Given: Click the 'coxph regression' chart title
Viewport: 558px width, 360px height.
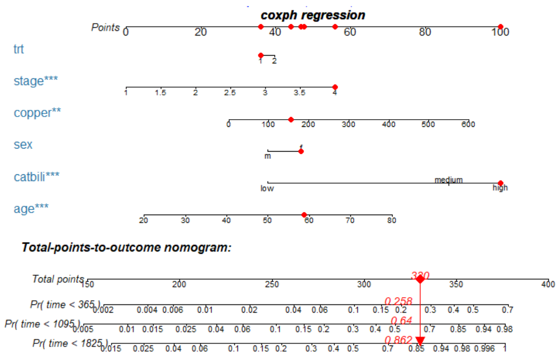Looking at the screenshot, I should [313, 15].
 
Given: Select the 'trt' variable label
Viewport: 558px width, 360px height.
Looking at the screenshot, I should [19, 50].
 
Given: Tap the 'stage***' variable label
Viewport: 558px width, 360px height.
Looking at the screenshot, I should [36, 81].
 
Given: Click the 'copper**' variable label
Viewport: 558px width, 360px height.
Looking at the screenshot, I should [37, 112].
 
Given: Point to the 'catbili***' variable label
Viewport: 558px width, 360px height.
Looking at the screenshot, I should [36, 177].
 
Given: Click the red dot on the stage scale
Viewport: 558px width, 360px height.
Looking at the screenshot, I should [335, 87].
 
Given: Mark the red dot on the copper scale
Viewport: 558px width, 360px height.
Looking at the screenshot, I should [291, 120].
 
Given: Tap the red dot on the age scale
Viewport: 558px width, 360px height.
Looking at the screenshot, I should [304, 215].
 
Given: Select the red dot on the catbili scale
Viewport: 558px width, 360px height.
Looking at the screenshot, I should [500, 183].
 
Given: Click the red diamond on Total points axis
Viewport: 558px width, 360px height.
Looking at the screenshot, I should [420, 279].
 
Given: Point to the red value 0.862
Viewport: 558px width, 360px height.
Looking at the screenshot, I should [399, 340].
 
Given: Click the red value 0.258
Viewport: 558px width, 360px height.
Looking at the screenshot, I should [399, 301].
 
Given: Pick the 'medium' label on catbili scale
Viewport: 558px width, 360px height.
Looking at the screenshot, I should [448, 180].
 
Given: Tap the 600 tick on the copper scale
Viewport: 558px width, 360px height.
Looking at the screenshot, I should [468, 124].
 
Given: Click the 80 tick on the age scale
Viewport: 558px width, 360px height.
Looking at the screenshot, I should [392, 221].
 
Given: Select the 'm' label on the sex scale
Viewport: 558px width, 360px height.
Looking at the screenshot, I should [268, 156].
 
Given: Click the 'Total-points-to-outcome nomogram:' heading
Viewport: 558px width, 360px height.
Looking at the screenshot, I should [126, 248].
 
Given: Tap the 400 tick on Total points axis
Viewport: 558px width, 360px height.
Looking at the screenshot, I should [548, 284].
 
